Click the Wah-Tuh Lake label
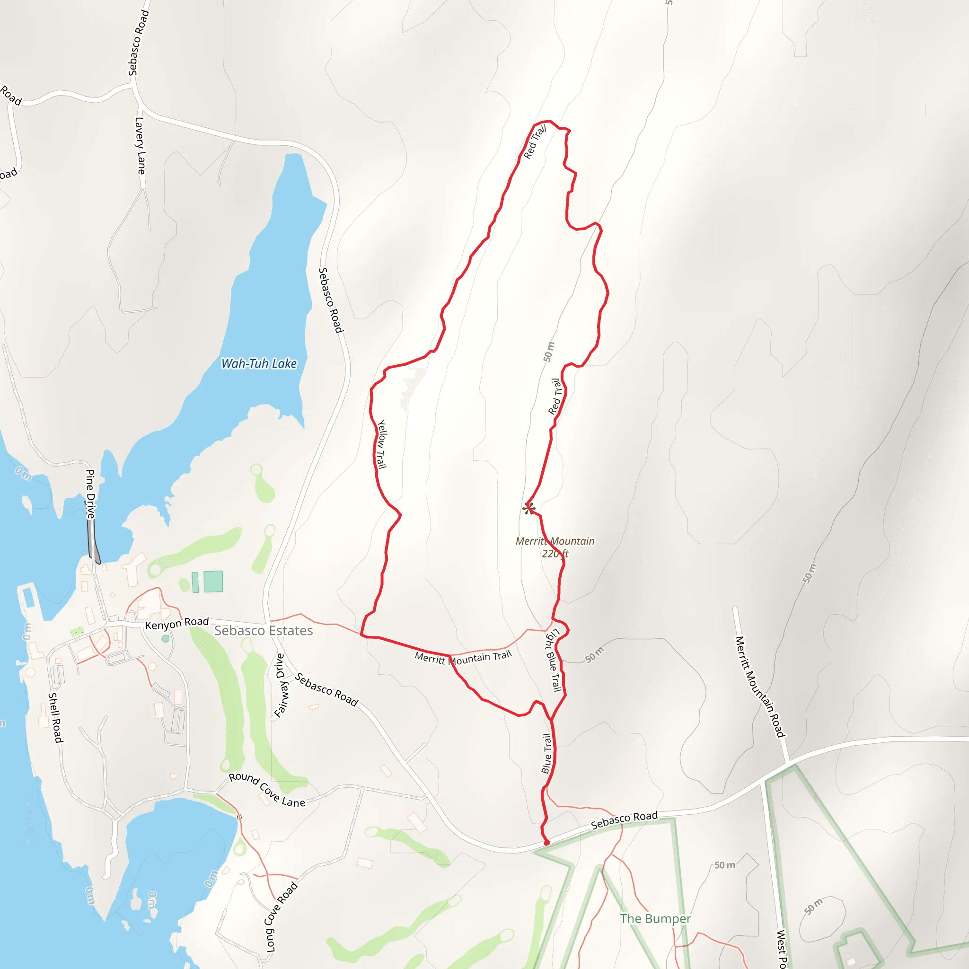click(x=259, y=364)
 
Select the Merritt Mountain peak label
click(x=555, y=541)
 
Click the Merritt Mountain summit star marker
click(x=529, y=509)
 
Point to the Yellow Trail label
click(x=382, y=444)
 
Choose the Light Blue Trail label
click(x=553, y=660)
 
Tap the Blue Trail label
click(x=546, y=753)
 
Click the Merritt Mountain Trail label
click(x=463, y=658)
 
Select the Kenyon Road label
click(x=176, y=624)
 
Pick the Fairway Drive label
click(x=282, y=686)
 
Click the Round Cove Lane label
click(x=267, y=790)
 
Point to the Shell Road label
click(x=55, y=718)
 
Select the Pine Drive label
click(x=90, y=493)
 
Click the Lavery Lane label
click(x=141, y=145)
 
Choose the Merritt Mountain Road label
click(x=760, y=687)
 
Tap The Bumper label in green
click(x=655, y=918)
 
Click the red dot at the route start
click(x=546, y=843)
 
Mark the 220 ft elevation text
click(x=555, y=554)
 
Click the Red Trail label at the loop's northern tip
click(x=535, y=142)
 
